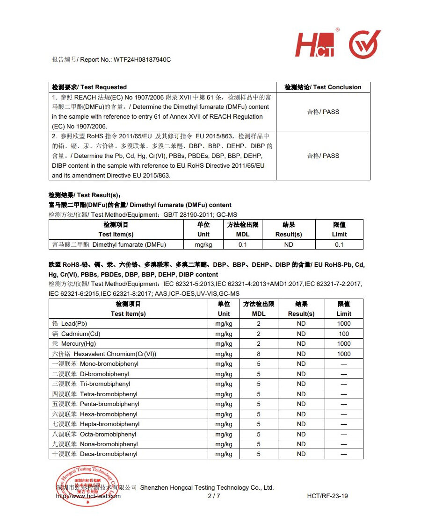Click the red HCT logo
[315, 46]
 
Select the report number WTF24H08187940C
[142, 60]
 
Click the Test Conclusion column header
[323, 87]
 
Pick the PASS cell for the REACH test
[323, 112]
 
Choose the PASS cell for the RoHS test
[323, 156]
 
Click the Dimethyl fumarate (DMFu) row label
[109, 244]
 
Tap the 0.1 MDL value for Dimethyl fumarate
[243, 244]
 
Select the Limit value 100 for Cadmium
[344, 334]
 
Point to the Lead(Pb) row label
[70, 323]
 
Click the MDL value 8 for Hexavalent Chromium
[259, 354]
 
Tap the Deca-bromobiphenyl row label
[94, 454]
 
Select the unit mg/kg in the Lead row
[224, 323]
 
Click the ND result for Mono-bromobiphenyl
[301, 364]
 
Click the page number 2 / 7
[214, 496]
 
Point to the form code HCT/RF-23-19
[327, 496]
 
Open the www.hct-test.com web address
[88, 496]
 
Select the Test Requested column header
[89, 87]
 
